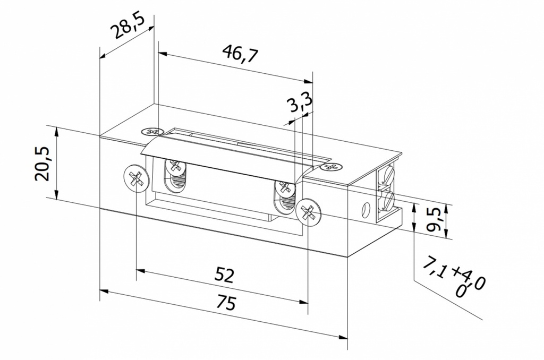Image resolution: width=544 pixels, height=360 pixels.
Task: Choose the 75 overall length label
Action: pos(225,303)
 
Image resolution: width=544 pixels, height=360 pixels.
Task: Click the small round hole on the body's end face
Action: pos(364,210)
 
